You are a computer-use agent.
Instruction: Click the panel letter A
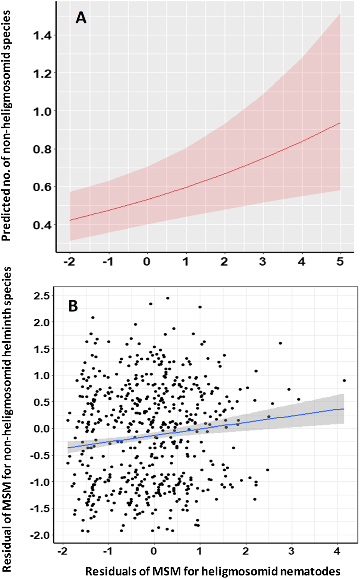[x=81, y=18]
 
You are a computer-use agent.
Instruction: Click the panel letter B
[x=73, y=306]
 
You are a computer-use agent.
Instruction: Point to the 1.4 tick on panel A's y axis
[x=42, y=36]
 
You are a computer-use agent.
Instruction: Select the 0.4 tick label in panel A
[x=42, y=225]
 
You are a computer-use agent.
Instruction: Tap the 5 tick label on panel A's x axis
[x=340, y=262]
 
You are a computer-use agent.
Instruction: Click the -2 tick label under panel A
[x=69, y=262]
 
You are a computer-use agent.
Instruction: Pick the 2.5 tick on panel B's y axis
[x=42, y=296]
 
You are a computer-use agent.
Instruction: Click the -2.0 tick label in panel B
[x=40, y=535]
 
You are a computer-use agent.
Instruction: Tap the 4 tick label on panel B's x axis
[x=337, y=551]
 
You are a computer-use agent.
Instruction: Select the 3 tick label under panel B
[x=292, y=551]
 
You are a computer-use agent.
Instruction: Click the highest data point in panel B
[x=168, y=298]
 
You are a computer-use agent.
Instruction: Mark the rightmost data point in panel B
[x=344, y=380]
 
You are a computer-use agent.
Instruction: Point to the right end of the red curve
[x=340, y=123]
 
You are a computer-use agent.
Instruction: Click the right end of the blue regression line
[x=344, y=409]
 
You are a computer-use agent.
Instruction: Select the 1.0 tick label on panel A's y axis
[x=42, y=111]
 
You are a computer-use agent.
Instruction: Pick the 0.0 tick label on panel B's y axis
[x=42, y=429]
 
